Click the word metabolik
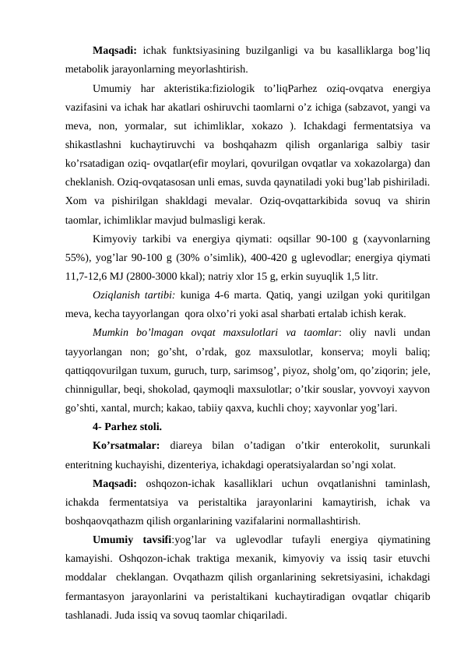point(88,68)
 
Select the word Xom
point(76,203)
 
